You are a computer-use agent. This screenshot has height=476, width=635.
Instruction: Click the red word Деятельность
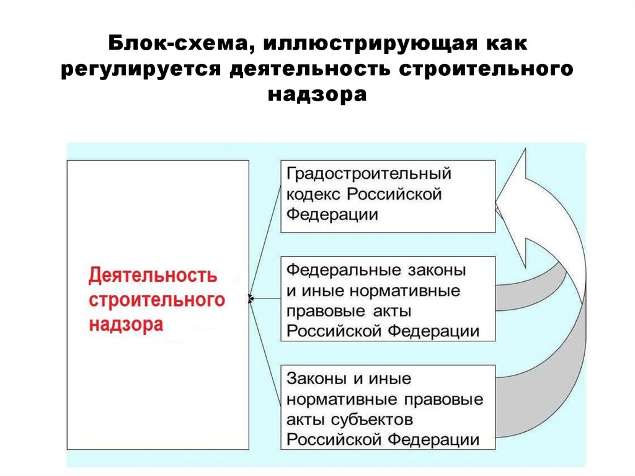point(153,275)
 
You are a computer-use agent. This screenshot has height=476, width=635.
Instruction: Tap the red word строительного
point(156,300)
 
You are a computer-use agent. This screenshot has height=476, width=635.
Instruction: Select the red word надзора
point(126,325)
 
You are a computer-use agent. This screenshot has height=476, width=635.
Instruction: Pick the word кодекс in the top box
point(313,194)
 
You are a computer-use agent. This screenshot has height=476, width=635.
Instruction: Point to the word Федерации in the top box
point(332,215)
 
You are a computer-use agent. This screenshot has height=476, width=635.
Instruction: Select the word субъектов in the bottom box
point(371,419)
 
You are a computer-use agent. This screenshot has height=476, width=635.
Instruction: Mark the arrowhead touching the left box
point(250,299)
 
